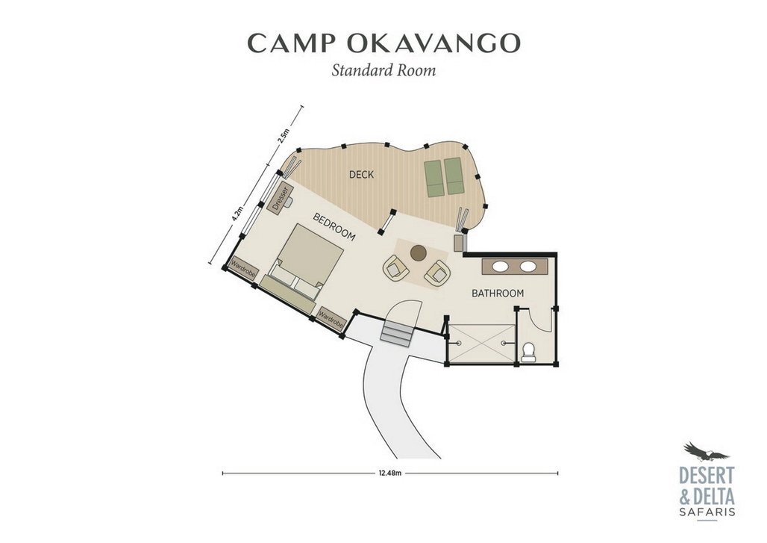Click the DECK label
coord(361,174)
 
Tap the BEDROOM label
coord(334,227)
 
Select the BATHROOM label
coord(498,294)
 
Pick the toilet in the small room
coord(527,352)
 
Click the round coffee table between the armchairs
coord(418,252)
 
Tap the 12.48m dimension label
coord(390,473)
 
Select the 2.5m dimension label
coord(284,135)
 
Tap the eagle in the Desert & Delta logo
coord(706,453)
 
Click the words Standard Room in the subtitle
coord(383,70)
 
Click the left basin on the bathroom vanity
coord(501,267)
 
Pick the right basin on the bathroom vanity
coord(527,267)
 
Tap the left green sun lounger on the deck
coord(434,179)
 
